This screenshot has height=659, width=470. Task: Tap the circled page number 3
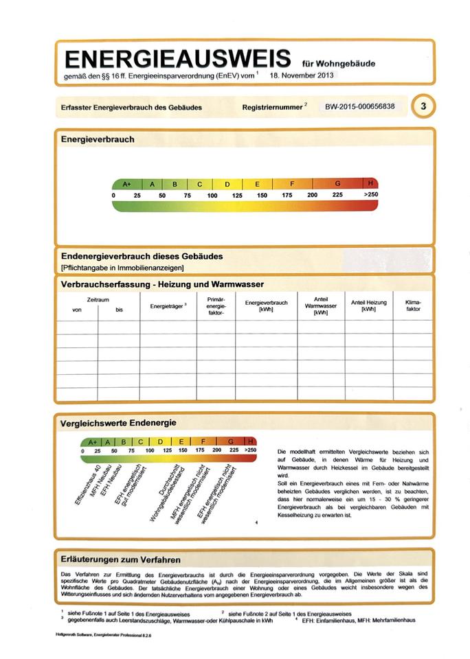424,106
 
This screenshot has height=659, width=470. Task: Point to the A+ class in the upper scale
126,184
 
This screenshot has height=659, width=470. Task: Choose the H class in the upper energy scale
371,184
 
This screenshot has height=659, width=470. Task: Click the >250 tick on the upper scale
371,196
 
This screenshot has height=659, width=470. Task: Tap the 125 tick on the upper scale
237,196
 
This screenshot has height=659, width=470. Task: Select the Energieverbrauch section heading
98,139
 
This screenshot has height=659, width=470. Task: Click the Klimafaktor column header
413,305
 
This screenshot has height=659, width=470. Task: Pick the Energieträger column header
168,306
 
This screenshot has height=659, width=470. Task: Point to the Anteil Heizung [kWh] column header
369,305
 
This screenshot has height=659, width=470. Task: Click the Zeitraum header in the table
98,299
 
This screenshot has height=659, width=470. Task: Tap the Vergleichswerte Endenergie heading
119,423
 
